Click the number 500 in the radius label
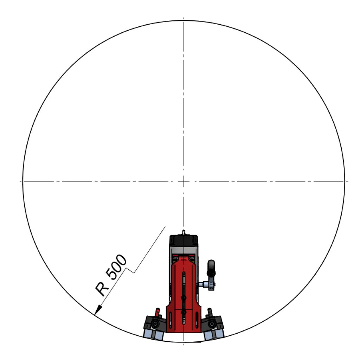pyautogui.click(x=116, y=267)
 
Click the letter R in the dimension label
pyautogui.click(x=102, y=289)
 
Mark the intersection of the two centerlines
pyautogui.click(x=184, y=181)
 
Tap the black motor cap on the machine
pyautogui.click(x=184, y=240)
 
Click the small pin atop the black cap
pyautogui.click(x=184, y=232)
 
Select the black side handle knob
pyautogui.click(x=211, y=268)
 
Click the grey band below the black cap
pyautogui.click(x=184, y=250)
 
